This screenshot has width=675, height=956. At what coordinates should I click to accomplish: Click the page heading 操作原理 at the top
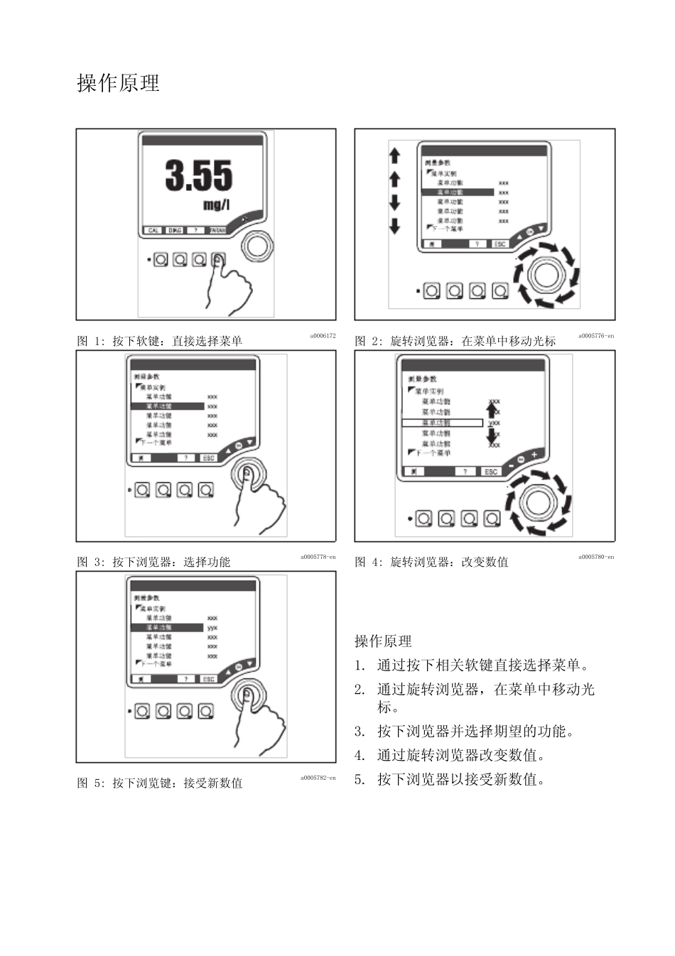tap(118, 84)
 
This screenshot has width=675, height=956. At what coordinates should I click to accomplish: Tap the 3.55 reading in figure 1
tap(198, 175)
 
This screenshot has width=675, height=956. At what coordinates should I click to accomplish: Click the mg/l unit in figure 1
tap(217, 205)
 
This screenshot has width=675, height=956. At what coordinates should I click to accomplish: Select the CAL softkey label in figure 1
tap(153, 231)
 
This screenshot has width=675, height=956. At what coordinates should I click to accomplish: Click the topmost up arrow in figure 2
tap(395, 156)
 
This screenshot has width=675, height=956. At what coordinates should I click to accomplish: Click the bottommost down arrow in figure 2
tap(395, 227)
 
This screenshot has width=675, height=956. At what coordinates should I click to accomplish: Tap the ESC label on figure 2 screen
tap(500, 244)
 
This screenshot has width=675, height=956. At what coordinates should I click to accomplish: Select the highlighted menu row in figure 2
tap(457, 192)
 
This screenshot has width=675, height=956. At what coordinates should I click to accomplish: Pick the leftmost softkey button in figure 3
tap(142, 489)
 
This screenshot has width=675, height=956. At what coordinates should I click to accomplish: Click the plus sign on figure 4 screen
tap(534, 455)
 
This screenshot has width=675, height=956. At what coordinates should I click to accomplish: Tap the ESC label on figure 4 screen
tap(491, 472)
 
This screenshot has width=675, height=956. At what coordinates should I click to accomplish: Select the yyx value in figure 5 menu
tap(212, 628)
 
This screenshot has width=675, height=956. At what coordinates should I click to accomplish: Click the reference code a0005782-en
tap(318, 778)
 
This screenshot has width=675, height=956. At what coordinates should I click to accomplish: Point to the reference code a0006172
tap(322, 336)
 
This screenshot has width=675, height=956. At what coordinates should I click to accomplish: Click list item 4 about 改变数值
tap(460, 755)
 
